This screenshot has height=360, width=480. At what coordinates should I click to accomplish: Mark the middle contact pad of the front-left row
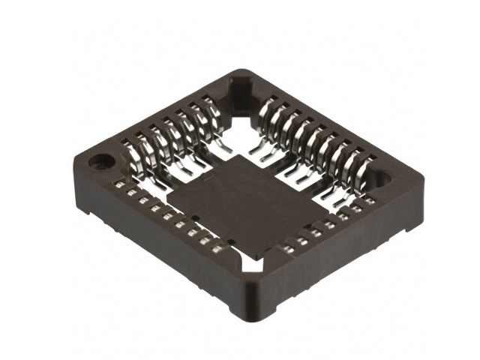(167, 217)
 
